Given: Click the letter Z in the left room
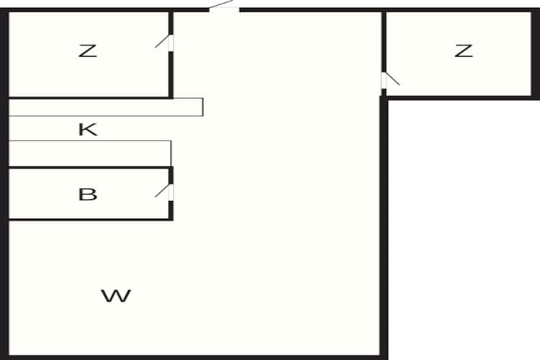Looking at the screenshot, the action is coord(87,51).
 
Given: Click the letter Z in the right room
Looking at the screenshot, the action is coord(464,51).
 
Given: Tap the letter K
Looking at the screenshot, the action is coord(88,130).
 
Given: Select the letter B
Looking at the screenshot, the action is coord(88,194).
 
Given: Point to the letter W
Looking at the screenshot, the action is coord(116,296).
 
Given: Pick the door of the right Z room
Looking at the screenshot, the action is coord(390,80).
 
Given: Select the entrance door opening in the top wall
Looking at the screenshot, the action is coord(224,9).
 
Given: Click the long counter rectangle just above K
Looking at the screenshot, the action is coord(105,107).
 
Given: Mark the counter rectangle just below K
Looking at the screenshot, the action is coord(89,153).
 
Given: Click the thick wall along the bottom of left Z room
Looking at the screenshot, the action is coord(90,98).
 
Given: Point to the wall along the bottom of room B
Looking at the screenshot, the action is coord(90,219).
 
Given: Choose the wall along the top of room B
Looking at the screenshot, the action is coord(90,168).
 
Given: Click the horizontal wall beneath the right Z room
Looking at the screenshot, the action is coord(461,98).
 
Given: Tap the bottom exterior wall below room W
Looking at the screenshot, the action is coord(194,358).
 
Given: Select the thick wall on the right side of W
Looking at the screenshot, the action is coord(384,228).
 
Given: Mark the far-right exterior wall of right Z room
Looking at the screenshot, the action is coord(536,54).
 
